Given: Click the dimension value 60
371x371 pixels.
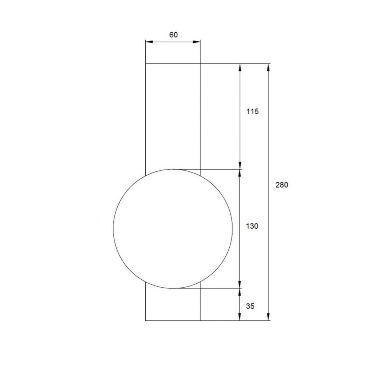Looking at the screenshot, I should [x=174, y=35].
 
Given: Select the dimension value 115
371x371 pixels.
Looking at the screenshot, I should [x=252, y=112].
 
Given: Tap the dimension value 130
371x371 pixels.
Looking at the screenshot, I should [x=252, y=226].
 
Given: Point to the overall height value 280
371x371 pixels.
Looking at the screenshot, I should [x=282, y=185].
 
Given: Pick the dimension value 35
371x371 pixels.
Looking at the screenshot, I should [x=250, y=306].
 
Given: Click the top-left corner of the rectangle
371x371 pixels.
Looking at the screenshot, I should [x=146, y=64].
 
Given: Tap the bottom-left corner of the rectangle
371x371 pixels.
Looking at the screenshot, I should [x=146, y=321].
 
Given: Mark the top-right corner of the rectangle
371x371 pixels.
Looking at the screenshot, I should [x=200, y=64].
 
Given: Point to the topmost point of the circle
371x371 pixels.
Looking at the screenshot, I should [x=173, y=169].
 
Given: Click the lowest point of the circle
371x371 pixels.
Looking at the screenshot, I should [x=173, y=288].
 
